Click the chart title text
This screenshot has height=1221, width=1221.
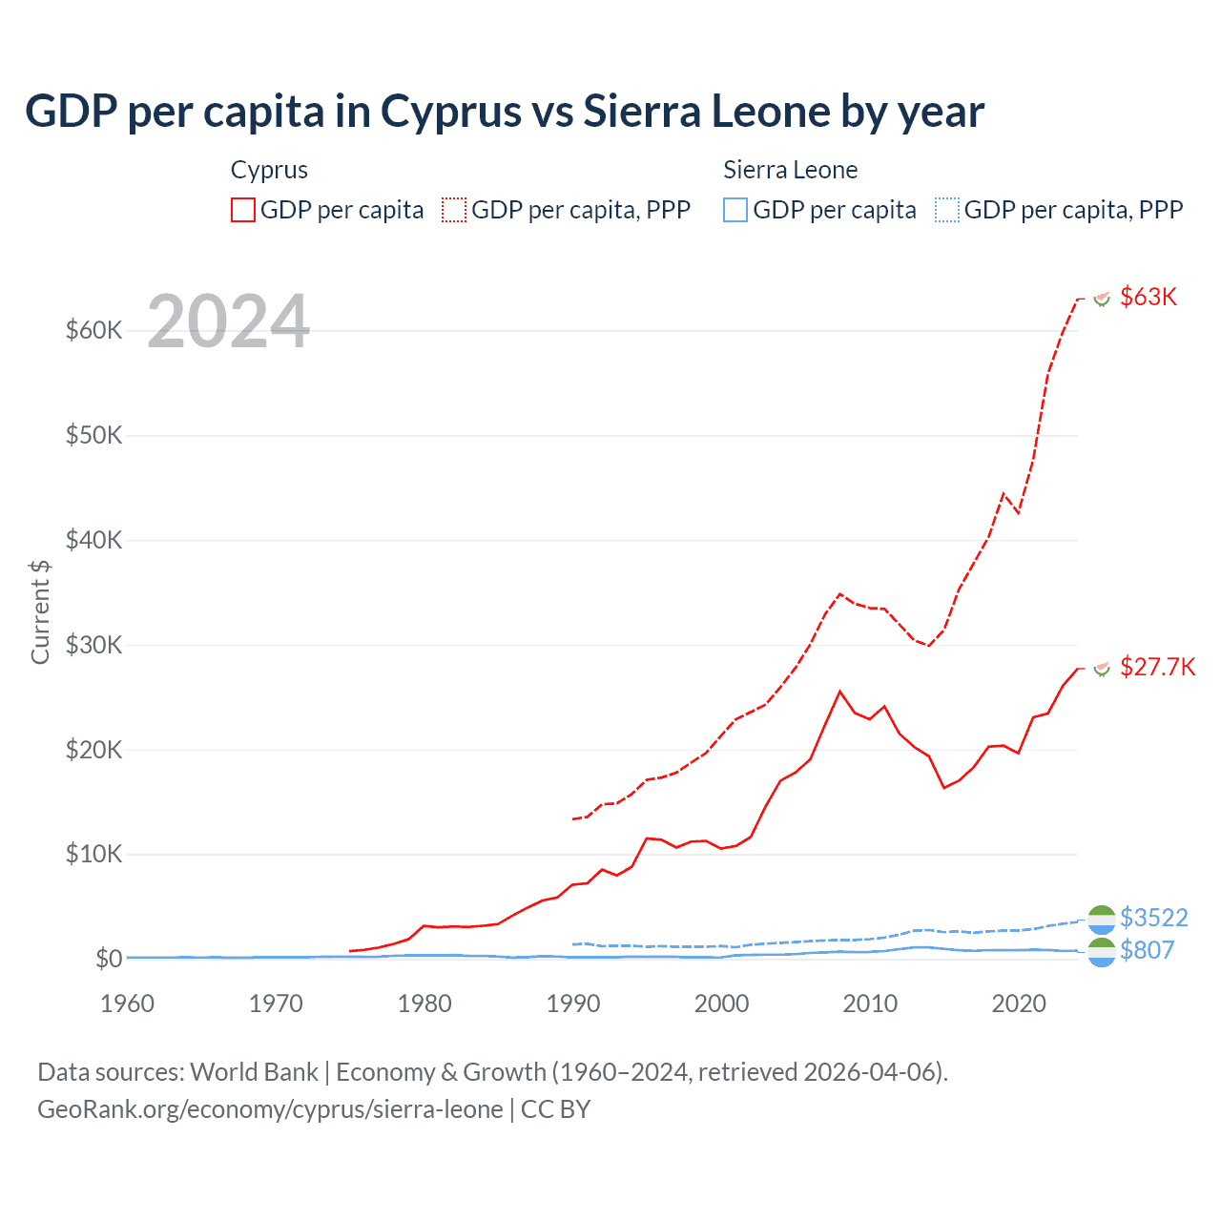point(504,112)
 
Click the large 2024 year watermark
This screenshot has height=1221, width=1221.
point(229,321)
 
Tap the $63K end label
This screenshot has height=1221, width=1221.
point(1149,297)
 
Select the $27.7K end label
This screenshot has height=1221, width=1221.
point(1157,667)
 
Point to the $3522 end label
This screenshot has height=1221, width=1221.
point(1153,918)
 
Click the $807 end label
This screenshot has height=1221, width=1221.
point(1147,950)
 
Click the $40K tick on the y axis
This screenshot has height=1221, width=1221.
point(93,540)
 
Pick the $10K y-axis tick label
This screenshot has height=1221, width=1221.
point(93,854)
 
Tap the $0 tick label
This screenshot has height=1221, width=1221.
point(109,959)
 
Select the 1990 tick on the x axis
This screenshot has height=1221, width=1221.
point(573,1004)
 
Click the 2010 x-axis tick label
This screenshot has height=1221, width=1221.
point(870,1004)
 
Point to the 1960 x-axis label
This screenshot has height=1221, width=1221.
point(128,1004)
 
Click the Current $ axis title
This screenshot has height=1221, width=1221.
point(40,611)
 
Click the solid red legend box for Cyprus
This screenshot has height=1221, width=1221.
point(243,210)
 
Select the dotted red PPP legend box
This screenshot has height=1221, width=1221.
point(454,210)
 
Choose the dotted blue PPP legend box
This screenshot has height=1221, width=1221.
point(947,210)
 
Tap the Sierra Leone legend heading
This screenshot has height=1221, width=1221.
point(790,170)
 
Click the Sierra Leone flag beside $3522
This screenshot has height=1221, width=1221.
point(1102,919)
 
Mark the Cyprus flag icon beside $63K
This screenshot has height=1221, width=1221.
point(1102,299)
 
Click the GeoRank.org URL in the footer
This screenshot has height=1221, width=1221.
point(270,1109)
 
